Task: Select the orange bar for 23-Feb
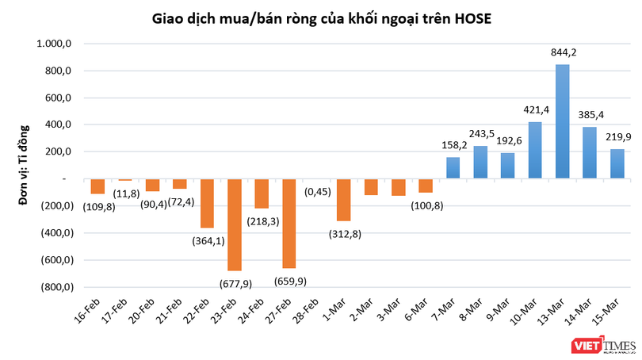point(234,224)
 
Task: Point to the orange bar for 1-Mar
point(343,200)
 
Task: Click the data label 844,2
point(563,53)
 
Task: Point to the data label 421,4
point(535,110)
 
